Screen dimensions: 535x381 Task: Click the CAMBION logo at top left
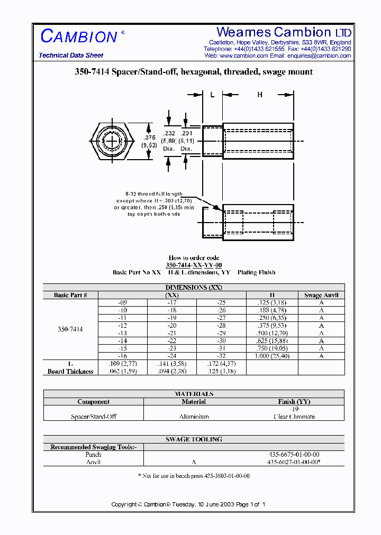point(79,36)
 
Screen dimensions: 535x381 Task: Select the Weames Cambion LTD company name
point(284,32)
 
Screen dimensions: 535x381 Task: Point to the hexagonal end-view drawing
point(111,141)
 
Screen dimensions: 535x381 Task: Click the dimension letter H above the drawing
point(259,95)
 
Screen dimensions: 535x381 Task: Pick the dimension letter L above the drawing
point(212,95)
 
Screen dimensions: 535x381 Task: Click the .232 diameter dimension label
point(169,134)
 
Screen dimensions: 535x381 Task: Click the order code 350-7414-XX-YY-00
point(194,265)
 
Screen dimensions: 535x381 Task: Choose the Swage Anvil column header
point(321,295)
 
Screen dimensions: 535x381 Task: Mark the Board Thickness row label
point(70,372)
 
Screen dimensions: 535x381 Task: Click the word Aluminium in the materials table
point(194,417)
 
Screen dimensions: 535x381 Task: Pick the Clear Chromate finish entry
point(294,417)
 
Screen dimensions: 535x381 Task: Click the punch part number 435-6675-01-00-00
point(294,455)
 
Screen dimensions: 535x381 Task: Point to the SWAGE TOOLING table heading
point(194,439)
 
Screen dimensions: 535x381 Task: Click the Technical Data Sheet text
point(71,56)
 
